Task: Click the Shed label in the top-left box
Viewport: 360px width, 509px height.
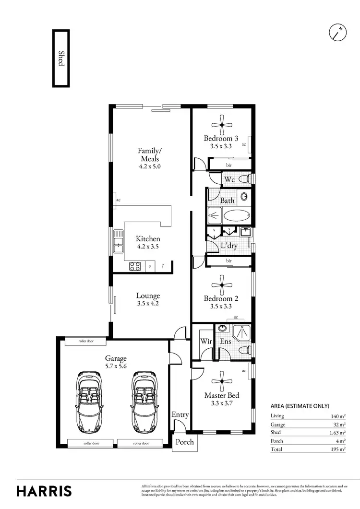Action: click(61, 59)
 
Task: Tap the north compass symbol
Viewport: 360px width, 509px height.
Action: click(338, 33)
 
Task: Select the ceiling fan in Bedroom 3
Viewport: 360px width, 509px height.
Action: click(223, 125)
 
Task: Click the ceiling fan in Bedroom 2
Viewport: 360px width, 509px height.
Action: click(223, 284)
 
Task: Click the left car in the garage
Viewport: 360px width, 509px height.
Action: click(88, 401)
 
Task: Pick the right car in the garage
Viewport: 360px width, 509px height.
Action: click(144, 401)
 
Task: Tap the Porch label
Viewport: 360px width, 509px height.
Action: click(184, 441)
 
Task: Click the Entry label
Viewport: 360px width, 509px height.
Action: click(180, 415)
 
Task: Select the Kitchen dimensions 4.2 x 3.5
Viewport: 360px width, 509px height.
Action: click(147, 247)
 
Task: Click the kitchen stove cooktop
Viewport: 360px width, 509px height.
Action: click(134, 266)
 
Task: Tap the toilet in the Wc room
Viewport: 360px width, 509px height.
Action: click(244, 179)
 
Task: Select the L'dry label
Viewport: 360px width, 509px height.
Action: click(229, 246)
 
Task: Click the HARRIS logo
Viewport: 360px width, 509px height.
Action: click(44, 491)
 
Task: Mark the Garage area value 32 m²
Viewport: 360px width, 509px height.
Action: click(338, 425)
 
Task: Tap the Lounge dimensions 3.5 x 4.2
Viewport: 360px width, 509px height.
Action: click(147, 304)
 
